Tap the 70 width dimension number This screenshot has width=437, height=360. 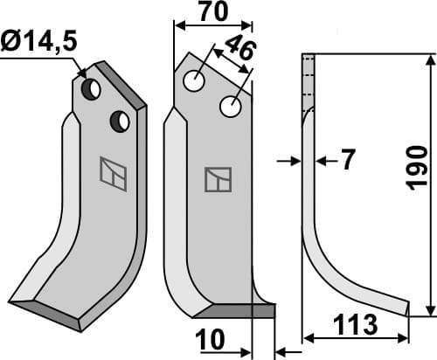click(212, 12)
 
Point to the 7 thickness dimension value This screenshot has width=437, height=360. click(348, 160)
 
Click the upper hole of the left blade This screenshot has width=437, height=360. click(91, 89)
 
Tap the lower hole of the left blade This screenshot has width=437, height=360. click(120, 121)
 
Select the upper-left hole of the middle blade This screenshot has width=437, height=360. click(193, 81)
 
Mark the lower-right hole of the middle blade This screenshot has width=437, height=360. click(231, 107)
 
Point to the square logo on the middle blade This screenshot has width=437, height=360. click(216, 178)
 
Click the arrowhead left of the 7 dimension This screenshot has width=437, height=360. click(295, 161)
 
